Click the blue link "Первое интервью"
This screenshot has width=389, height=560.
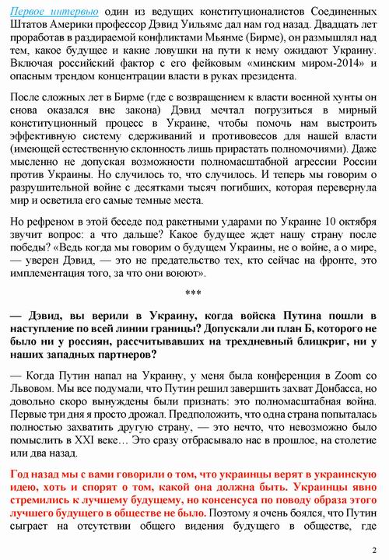pyautogui.click(x=48, y=13)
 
